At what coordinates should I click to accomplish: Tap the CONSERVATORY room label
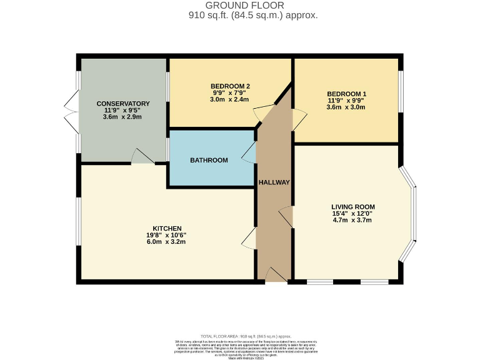click(x=122, y=104)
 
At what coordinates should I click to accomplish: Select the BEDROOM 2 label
click(x=230, y=86)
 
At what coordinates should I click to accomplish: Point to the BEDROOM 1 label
click(x=346, y=94)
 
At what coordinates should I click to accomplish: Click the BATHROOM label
click(x=209, y=161)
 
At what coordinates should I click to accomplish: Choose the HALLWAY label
click(x=274, y=182)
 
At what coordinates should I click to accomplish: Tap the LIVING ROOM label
click(x=353, y=206)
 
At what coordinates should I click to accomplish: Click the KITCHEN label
click(x=167, y=228)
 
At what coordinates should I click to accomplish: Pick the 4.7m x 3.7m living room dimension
click(x=353, y=220)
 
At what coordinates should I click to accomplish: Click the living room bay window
click(x=411, y=214)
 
